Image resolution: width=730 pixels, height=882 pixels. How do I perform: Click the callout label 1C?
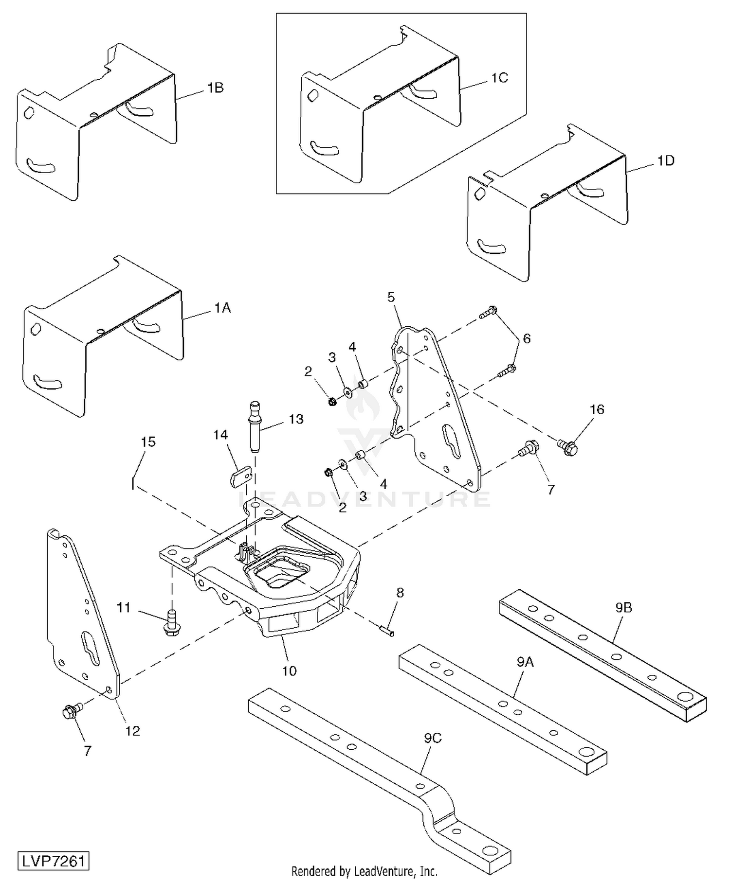coord(499,78)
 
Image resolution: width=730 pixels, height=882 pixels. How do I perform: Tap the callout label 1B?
coord(215,88)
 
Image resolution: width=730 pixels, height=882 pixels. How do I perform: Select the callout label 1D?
coord(666,160)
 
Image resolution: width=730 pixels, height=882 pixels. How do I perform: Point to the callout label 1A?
coord(222,308)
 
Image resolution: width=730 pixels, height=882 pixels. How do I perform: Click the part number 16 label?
coord(597,409)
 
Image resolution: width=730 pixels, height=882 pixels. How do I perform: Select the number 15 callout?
coord(148,441)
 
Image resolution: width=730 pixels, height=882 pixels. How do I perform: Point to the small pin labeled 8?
coord(387,631)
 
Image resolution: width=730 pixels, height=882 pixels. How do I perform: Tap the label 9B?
coord(623,608)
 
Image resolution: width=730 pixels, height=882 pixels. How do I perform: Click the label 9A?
coord(525,662)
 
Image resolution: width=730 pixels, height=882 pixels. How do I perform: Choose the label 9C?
coord(432,738)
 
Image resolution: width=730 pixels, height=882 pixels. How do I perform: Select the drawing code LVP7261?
coord(54,861)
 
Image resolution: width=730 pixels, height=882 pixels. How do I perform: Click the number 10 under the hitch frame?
coord(289,671)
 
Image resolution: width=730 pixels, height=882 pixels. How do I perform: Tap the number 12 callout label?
coord(132,731)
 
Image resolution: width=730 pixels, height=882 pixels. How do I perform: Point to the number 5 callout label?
coord(391,297)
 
